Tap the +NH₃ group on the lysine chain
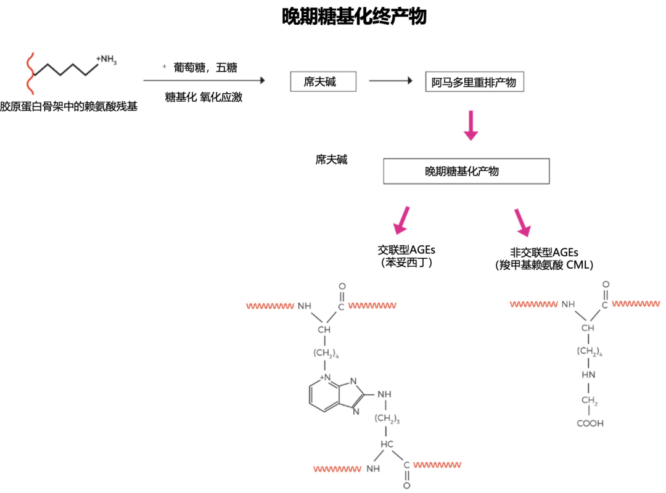click(106, 59)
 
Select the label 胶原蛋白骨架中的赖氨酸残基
click(68, 107)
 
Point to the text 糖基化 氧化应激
click(203, 97)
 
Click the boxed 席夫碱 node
click(323, 81)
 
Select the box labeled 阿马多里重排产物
click(474, 82)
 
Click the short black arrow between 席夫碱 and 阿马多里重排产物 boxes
click(390, 81)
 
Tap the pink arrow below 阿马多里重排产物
click(471, 125)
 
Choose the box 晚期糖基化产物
click(466, 171)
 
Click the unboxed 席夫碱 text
click(331, 159)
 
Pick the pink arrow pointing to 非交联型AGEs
click(521, 222)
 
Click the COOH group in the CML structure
click(590, 423)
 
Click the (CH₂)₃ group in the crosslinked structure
click(387, 420)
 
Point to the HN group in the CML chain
click(588, 375)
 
